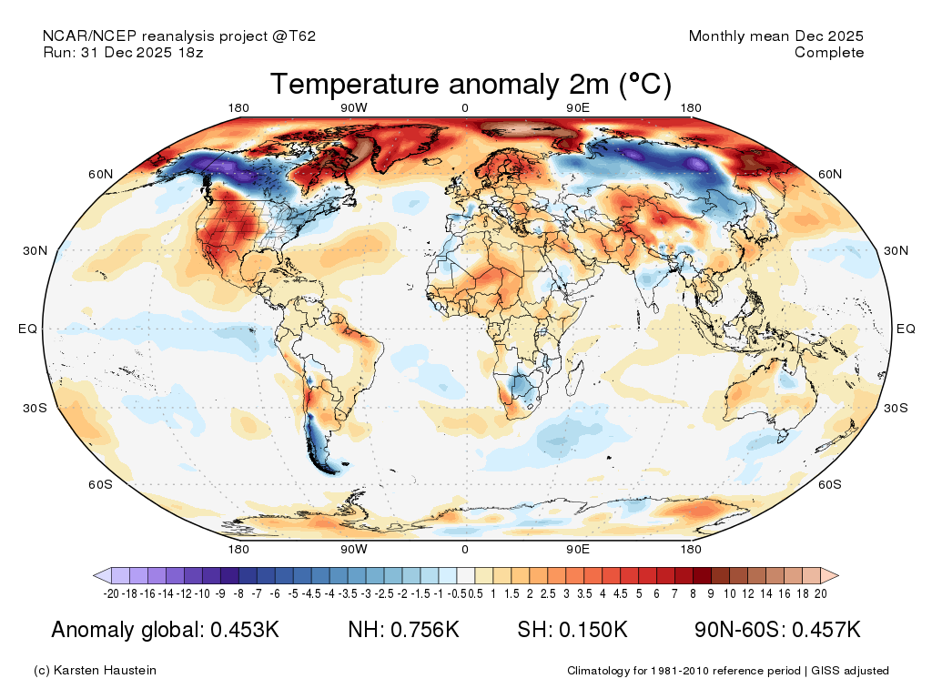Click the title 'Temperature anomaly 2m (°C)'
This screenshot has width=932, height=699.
(x=471, y=85)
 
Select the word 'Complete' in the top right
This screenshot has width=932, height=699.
(x=828, y=53)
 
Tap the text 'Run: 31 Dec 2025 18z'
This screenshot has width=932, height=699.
(x=123, y=53)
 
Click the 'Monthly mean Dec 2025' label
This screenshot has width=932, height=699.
(x=775, y=36)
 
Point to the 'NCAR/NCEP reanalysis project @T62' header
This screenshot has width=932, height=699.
(x=179, y=36)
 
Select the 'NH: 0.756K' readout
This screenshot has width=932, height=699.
(x=404, y=630)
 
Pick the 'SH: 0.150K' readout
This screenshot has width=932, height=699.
(x=572, y=630)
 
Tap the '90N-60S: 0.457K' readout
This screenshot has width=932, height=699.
(x=777, y=630)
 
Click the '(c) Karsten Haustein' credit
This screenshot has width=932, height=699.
(x=95, y=671)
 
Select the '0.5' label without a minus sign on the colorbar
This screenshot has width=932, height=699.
(x=475, y=593)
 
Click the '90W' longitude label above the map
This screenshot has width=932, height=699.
(x=354, y=108)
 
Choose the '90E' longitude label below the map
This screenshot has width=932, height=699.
(x=578, y=549)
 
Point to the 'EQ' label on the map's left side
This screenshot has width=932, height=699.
(x=27, y=329)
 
